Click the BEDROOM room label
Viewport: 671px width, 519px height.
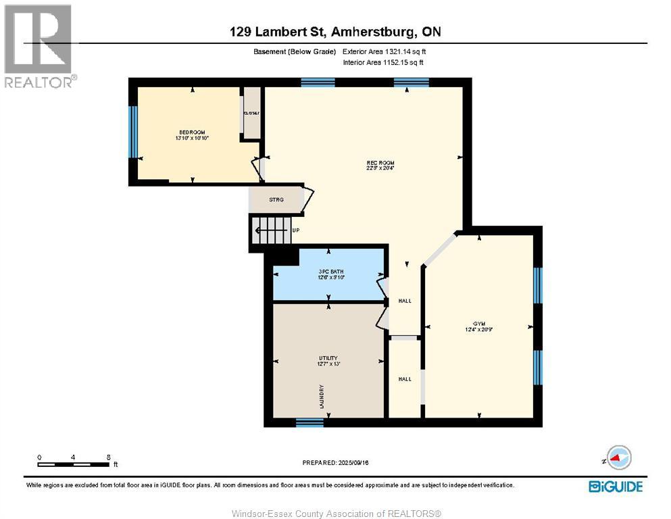point(192,132)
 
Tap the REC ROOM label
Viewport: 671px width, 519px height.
point(380,164)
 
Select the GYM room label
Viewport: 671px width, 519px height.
point(480,324)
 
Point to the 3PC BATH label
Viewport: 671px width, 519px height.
point(328,272)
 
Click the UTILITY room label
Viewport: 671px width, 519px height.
point(328,358)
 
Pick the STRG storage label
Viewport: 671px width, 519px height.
point(276,199)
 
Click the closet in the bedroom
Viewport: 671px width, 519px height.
point(252,113)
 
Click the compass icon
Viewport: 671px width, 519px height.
point(618,458)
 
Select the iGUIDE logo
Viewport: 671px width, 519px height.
point(615,486)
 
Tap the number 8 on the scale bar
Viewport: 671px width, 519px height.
point(109,457)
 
